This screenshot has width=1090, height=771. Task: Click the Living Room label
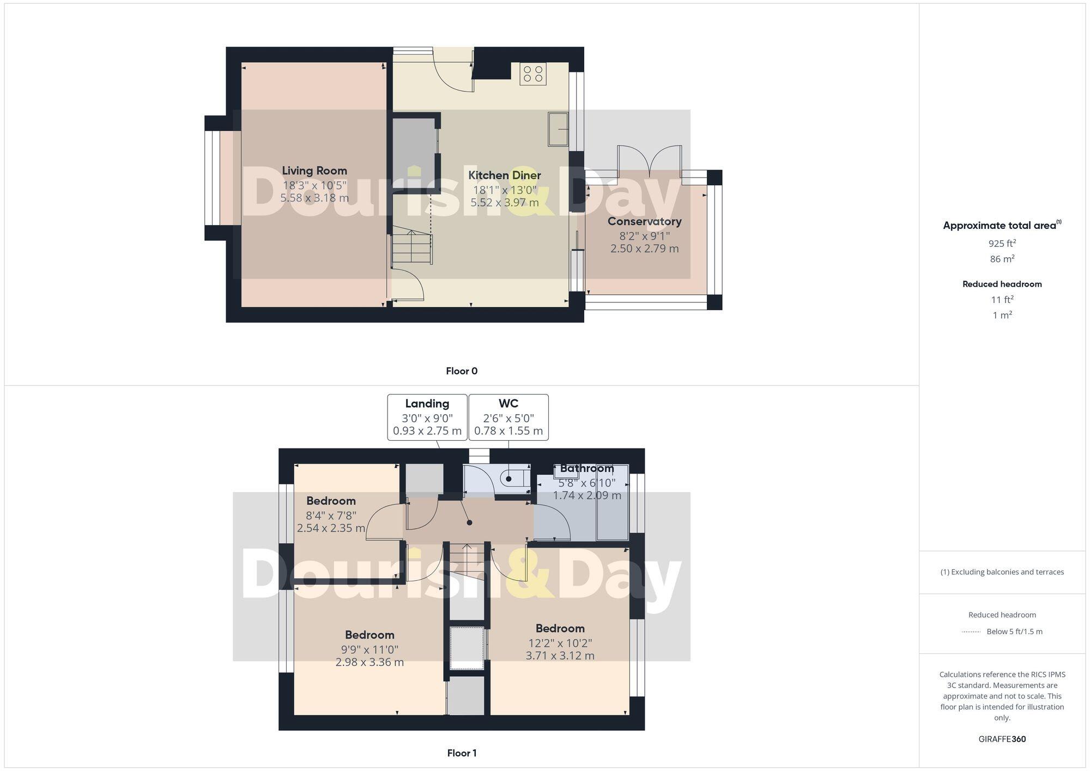coord(314,171)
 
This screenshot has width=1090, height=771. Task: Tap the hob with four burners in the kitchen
coord(532,74)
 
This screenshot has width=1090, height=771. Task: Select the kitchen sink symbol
coord(558,129)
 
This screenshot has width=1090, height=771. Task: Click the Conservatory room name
coord(644,221)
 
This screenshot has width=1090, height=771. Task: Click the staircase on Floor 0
coord(413,248)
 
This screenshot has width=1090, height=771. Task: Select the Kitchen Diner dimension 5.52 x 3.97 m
coord(505,203)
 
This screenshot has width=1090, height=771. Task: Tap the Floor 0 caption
coord(462,371)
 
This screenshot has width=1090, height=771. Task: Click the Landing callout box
coord(427,417)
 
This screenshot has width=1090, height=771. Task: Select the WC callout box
coord(508,417)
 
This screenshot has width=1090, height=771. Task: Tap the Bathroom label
coord(587,469)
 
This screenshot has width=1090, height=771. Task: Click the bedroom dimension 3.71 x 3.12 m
coord(560,656)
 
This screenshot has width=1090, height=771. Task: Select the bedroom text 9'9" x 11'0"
coord(370,649)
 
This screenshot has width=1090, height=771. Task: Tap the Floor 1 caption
coord(462,753)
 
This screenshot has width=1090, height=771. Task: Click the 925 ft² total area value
coord(1002,244)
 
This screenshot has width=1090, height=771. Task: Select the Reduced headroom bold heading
coord(1002,284)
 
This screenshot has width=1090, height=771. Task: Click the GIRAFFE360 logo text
coord(1002,739)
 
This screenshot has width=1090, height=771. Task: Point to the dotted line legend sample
coord(971,632)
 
